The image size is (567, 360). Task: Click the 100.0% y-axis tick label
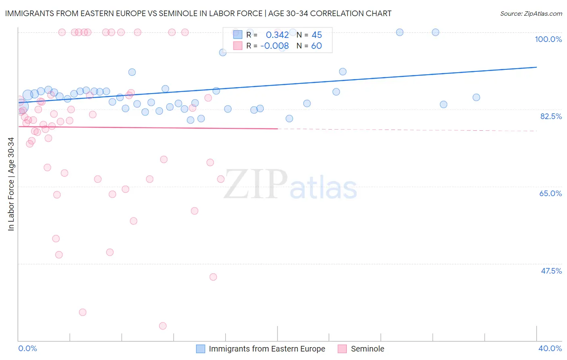pyautogui.click(x=548, y=39)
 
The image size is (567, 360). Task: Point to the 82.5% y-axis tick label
pyautogui.click(x=551, y=116)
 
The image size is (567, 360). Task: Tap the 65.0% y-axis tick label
pyautogui.click(x=550, y=193)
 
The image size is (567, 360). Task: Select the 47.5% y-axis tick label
pyautogui.click(x=551, y=271)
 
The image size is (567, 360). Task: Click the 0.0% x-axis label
pyautogui.click(x=27, y=348)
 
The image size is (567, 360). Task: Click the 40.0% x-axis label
pyautogui.click(x=550, y=348)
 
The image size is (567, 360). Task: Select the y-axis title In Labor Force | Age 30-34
pyautogui.click(x=11, y=184)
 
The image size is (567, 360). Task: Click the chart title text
pyautogui.click(x=198, y=13)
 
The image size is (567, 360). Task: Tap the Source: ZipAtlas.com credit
pyautogui.click(x=531, y=13)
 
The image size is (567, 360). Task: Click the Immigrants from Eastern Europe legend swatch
pyautogui.click(x=200, y=349)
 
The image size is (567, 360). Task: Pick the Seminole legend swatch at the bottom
pyautogui.click(x=342, y=349)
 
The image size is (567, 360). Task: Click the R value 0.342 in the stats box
pyautogui.click(x=277, y=35)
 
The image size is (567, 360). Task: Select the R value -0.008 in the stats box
pyautogui.click(x=274, y=46)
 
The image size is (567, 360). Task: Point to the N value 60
pyautogui.click(x=316, y=46)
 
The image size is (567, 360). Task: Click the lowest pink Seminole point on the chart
pyautogui.click(x=163, y=326)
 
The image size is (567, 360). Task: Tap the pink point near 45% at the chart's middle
pyautogui.click(x=213, y=277)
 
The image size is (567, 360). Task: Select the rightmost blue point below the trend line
pyautogui.click(x=476, y=97)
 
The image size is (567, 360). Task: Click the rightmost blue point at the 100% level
pyautogui.click(x=436, y=32)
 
